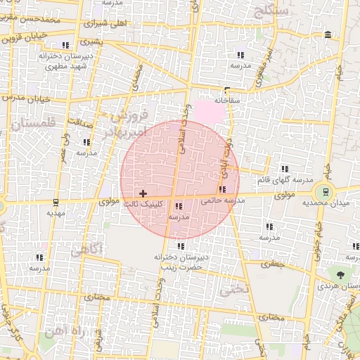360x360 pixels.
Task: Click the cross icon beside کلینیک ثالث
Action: (x=143, y=193)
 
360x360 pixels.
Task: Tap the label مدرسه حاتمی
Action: (x=223, y=200)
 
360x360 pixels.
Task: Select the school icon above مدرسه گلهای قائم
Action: (x=285, y=169)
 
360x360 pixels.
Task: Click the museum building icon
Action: (x=328, y=35)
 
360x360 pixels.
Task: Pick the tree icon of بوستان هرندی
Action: (x=341, y=275)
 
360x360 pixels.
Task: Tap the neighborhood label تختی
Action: (x=234, y=288)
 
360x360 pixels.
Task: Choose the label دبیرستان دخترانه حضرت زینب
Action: (x=180, y=262)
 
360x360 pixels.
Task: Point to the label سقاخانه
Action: (x=226, y=101)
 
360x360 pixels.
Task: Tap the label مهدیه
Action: (x=56, y=212)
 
